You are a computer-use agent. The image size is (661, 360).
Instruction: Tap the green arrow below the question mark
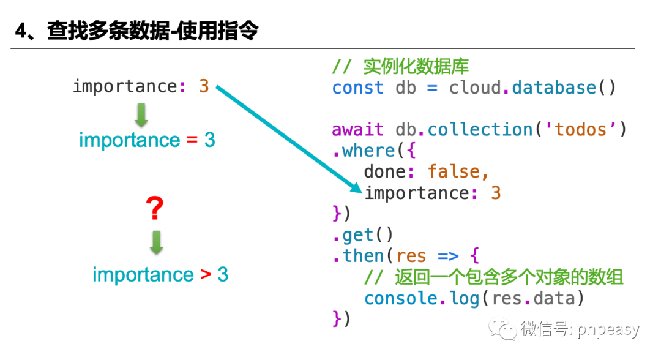[157, 242]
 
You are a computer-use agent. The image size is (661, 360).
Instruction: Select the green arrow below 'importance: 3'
[141, 115]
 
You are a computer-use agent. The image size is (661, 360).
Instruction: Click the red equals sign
[192, 140]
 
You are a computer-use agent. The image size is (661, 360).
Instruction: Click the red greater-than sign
[206, 275]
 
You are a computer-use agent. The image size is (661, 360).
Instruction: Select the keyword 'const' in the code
[358, 88]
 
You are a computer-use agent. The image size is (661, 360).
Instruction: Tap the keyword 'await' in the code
[358, 130]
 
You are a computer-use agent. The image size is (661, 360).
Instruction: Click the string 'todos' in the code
[588, 130]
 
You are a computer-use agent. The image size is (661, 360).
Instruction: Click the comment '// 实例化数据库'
[400, 66]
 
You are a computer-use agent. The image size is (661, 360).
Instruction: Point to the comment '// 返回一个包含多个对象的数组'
[493, 277]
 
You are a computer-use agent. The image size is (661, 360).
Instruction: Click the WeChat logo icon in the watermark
[506, 329]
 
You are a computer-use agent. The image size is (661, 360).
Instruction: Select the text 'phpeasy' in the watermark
[608, 330]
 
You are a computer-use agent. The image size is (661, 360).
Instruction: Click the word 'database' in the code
[554, 88]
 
